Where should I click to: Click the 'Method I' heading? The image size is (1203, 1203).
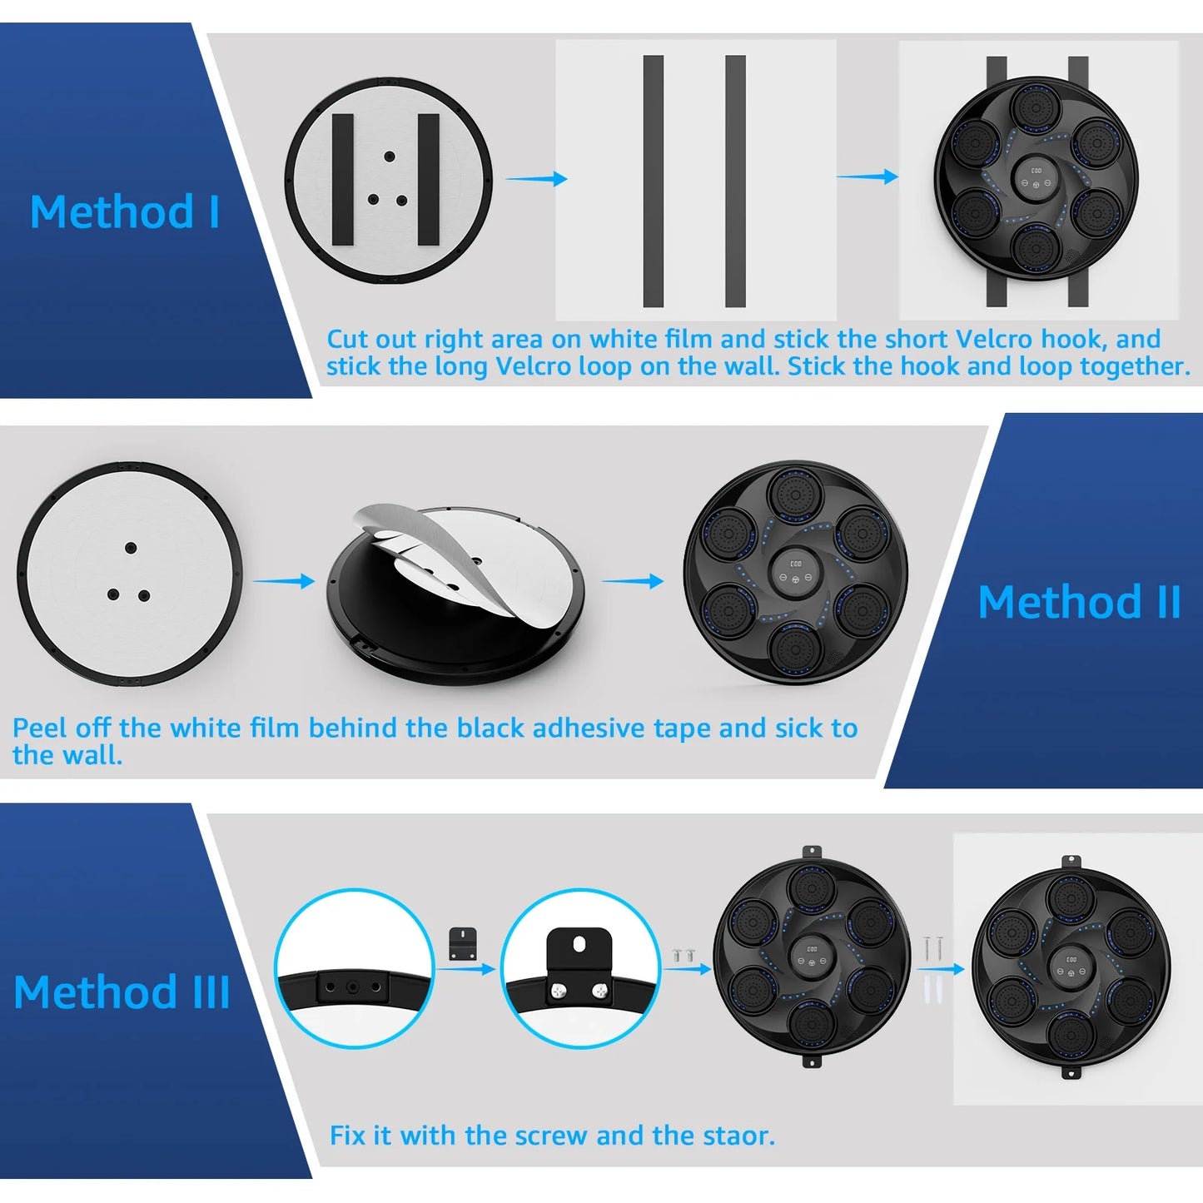click(x=125, y=211)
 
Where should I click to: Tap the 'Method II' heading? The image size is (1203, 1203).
click(x=1080, y=603)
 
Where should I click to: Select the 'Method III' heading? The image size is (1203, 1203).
click(x=122, y=992)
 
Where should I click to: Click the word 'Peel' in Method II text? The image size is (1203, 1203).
click(x=38, y=728)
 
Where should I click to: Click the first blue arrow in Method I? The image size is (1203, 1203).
click(x=536, y=179)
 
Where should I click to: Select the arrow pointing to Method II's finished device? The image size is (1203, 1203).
click(x=633, y=581)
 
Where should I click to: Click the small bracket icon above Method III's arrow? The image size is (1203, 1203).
click(x=463, y=944)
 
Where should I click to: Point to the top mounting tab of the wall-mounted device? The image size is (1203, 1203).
click(x=1071, y=862)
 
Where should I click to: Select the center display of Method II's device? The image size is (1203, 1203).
click(x=795, y=572)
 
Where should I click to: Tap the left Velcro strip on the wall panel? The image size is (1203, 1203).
click(x=653, y=181)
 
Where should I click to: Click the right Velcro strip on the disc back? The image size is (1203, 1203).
click(x=428, y=179)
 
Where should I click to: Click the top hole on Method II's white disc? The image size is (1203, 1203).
click(x=131, y=548)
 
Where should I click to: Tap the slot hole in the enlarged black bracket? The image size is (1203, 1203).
click(x=579, y=942)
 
